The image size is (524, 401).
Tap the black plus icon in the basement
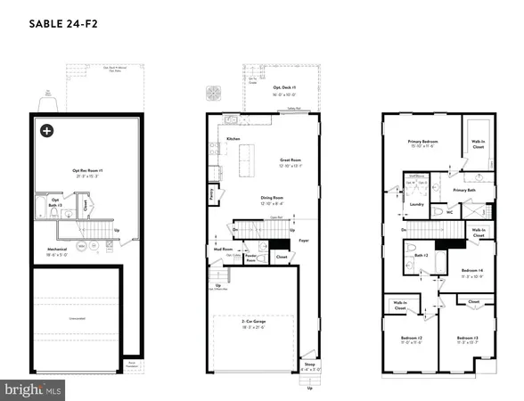click(45, 131)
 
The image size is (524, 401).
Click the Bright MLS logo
click(34, 389)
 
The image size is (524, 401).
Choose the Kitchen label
click(233, 140)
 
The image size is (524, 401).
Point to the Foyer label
click(303, 240)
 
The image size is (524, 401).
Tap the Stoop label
click(309, 364)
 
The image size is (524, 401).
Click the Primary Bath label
click(465, 190)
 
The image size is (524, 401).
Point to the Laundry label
click(414, 204)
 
